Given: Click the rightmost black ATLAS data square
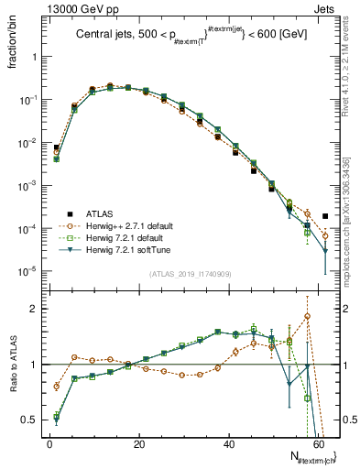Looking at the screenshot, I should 325,216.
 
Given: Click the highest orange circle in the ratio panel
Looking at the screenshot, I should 307,316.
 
